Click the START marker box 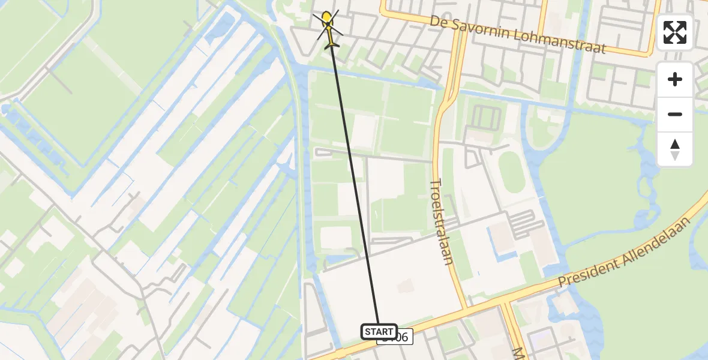379,331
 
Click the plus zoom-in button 675,79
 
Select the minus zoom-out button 675,114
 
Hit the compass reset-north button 675,149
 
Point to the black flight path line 354,180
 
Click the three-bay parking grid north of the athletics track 483,118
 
